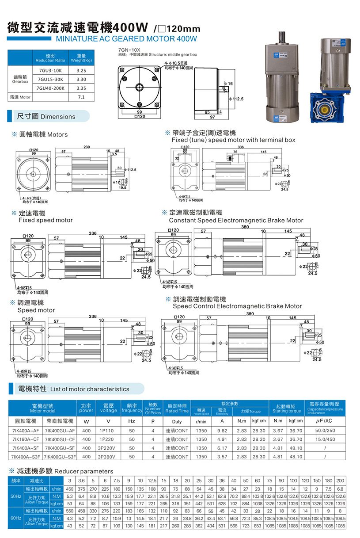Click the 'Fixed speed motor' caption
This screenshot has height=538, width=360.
click(x=45, y=220)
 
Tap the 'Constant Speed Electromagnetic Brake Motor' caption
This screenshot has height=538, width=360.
click(x=236, y=220)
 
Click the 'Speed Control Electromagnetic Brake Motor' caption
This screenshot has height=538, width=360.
click(x=237, y=306)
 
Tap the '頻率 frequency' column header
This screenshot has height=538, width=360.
click(x=132, y=408)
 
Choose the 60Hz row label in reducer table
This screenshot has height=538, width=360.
click(x=15, y=518)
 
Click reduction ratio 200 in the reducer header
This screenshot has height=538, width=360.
click(x=340, y=481)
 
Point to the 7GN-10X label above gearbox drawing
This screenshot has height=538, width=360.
click(x=129, y=50)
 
